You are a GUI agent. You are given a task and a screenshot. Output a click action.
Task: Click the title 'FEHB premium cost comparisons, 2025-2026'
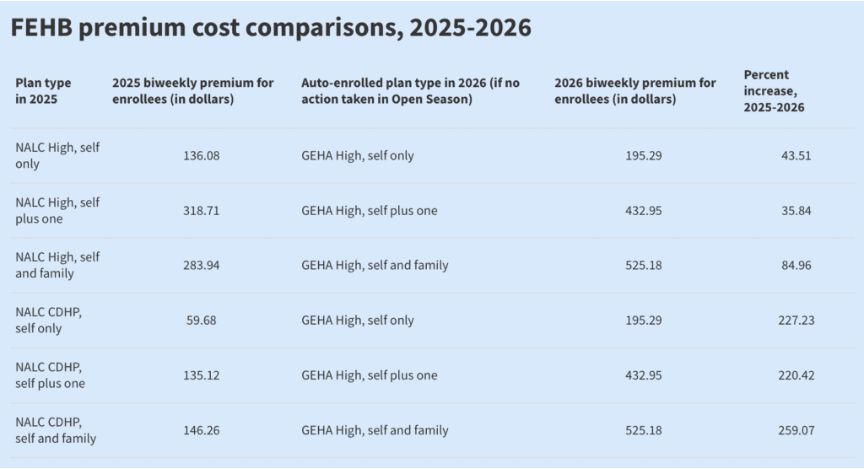[x=271, y=28]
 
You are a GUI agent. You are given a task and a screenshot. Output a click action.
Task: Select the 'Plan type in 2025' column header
[x=44, y=91]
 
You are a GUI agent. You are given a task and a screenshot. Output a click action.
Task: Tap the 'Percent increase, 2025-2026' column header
[x=774, y=91]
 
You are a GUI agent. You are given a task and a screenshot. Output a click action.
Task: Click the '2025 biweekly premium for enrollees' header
[x=193, y=91]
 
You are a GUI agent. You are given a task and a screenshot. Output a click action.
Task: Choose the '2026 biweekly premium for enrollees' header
[x=635, y=91]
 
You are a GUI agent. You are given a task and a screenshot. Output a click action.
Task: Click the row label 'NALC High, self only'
[x=57, y=156]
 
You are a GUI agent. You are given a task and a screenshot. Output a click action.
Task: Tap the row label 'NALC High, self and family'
[x=57, y=266]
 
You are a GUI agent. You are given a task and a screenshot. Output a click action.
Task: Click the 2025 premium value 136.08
[x=201, y=156]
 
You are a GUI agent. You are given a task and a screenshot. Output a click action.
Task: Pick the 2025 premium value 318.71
[x=201, y=211]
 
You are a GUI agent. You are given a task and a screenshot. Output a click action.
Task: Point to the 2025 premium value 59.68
[x=201, y=321]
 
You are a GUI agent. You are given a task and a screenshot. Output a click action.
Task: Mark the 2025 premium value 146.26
[x=201, y=430]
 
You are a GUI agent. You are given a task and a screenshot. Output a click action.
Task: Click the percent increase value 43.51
[x=796, y=156]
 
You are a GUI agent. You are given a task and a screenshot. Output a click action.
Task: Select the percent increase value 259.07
[x=796, y=430]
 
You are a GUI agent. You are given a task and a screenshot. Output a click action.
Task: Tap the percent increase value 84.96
[x=796, y=266]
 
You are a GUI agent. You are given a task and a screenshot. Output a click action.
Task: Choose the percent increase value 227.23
[x=796, y=321]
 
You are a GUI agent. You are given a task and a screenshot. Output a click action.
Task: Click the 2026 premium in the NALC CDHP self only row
[x=644, y=321]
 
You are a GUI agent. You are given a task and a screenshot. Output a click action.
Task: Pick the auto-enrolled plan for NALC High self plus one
[x=370, y=211]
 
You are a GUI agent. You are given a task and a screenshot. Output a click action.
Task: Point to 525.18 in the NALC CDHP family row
[x=644, y=430]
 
